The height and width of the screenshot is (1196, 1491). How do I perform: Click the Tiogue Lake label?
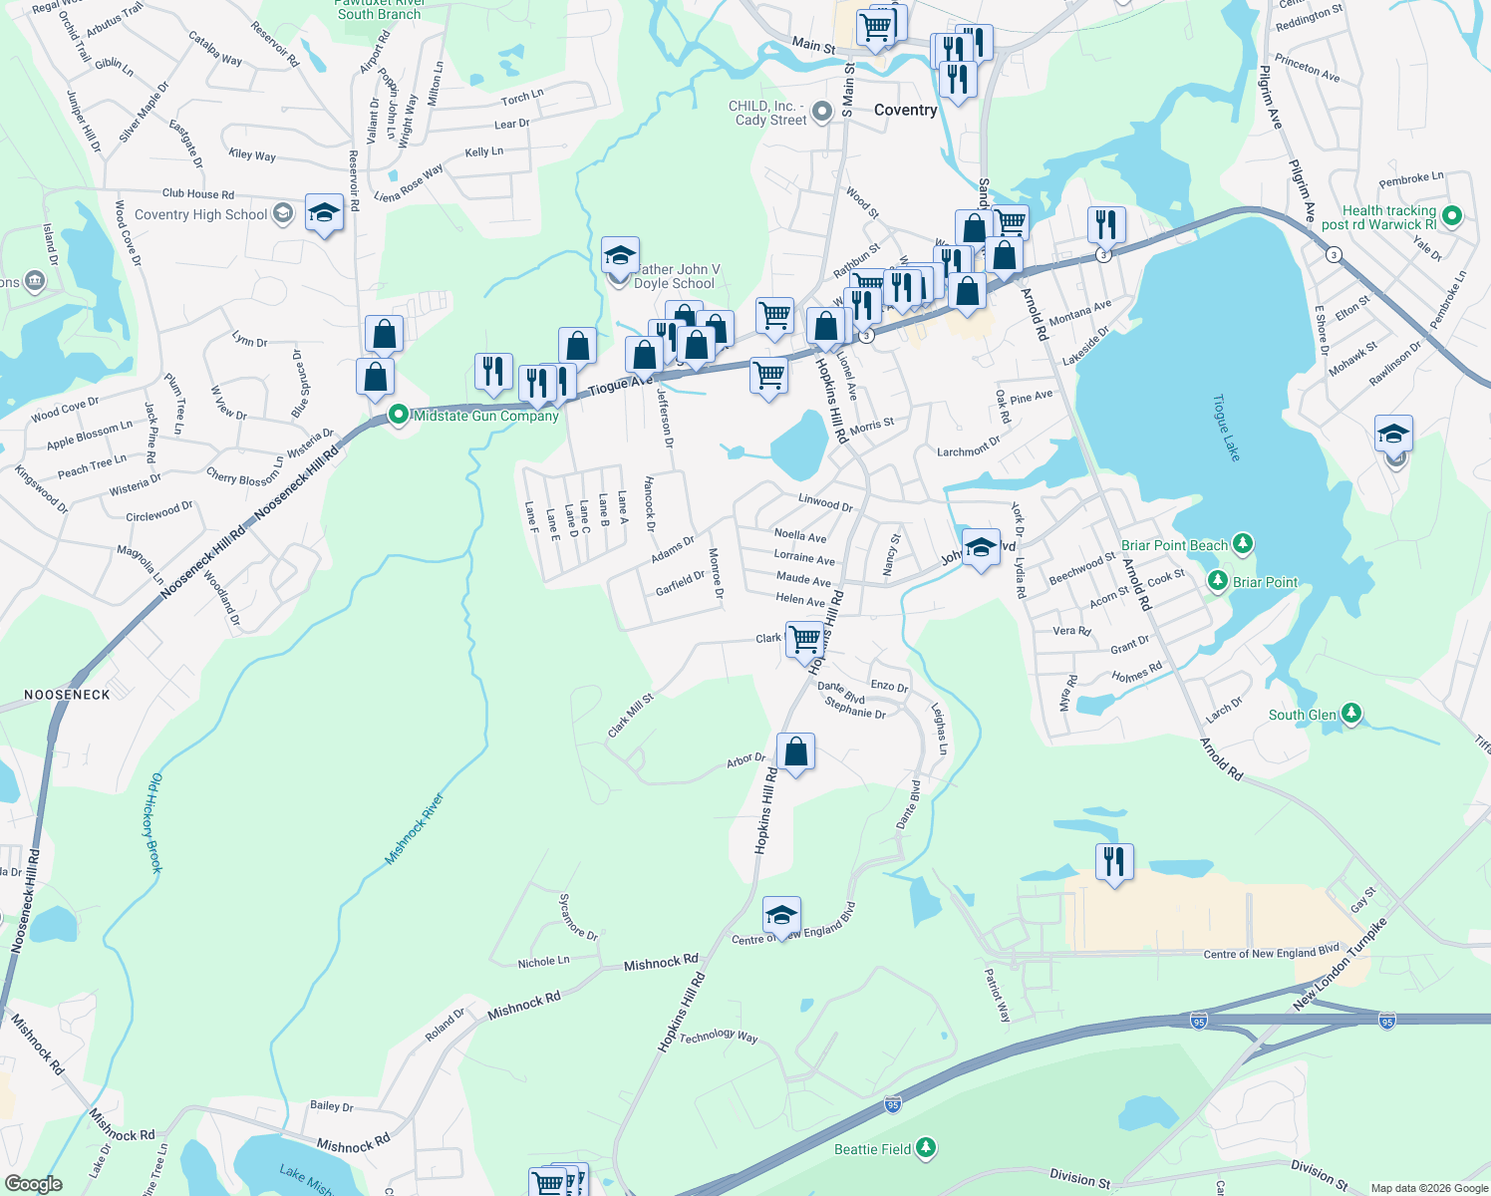coord(1226,428)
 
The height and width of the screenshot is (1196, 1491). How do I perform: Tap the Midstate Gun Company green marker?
coord(399,414)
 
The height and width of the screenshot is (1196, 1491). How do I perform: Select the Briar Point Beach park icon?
coord(1242,544)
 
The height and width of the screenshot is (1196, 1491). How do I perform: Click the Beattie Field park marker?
coord(926,1149)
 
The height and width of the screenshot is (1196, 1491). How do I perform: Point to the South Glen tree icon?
coord(1350,714)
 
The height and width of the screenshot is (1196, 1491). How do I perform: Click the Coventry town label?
coord(905,110)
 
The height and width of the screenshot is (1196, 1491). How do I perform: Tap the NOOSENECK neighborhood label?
coord(67,695)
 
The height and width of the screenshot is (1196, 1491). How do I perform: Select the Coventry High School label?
coord(201,214)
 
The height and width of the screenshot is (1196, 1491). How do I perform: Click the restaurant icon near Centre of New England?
coord(1114,862)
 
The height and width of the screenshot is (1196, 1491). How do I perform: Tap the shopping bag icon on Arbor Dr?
coord(795,752)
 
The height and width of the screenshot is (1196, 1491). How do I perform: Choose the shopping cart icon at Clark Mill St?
coord(803,639)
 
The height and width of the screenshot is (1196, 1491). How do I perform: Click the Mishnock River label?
coord(414,828)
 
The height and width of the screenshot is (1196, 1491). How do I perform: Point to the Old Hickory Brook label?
coord(154,823)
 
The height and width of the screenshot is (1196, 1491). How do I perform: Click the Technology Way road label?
coord(719,1036)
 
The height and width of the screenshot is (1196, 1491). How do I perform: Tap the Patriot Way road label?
coord(998,995)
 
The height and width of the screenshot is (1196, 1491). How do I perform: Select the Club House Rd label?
coord(198,194)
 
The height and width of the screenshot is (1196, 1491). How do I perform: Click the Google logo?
coord(33,1184)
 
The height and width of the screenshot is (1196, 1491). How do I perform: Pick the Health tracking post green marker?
coord(1452,215)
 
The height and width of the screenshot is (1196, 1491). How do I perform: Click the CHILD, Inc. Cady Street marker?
coord(821,113)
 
